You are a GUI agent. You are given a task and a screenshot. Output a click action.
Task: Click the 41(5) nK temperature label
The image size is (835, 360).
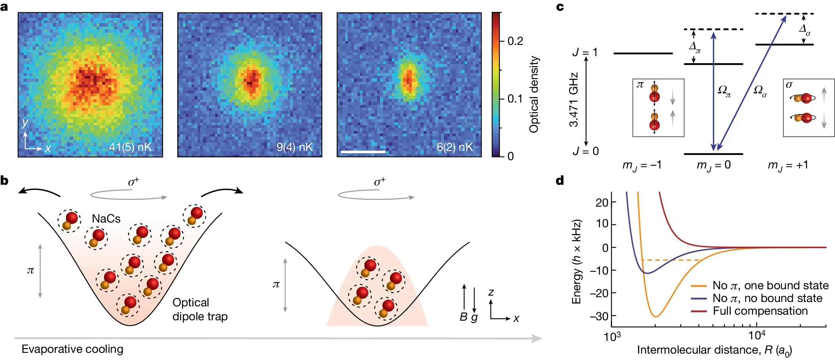[130, 147]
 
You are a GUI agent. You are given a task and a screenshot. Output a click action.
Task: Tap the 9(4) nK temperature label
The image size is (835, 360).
[294, 147]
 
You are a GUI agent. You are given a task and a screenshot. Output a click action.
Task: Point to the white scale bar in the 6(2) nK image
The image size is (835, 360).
[363, 152]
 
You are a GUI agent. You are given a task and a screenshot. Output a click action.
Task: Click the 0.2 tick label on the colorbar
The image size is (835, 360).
[515, 41]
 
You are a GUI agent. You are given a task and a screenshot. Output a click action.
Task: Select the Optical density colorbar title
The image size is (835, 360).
[534, 94]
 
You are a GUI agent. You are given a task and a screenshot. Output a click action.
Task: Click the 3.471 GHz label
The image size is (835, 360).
[573, 100]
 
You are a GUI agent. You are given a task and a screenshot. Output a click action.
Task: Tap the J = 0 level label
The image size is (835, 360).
[585, 151]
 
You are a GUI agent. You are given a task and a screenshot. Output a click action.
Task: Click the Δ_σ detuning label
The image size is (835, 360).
[804, 29]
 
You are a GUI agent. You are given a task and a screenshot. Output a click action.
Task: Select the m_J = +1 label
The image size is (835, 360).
[788, 165]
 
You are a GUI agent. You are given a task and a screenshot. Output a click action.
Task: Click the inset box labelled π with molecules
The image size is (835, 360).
[658, 108]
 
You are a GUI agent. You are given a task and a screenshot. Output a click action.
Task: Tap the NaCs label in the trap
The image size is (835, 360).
[106, 219]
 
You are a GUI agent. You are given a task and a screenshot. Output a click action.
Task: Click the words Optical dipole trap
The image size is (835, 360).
[200, 310]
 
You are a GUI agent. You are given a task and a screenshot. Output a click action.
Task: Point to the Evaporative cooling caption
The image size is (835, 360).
[72, 349]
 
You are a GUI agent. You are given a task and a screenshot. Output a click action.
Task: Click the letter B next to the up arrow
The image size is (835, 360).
[463, 317]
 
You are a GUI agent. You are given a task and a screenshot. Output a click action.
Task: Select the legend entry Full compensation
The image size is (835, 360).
[760, 311]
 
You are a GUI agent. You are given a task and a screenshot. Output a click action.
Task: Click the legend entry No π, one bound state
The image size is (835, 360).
[770, 285]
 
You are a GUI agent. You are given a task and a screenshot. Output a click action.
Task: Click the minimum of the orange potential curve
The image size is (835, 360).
[656, 316]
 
